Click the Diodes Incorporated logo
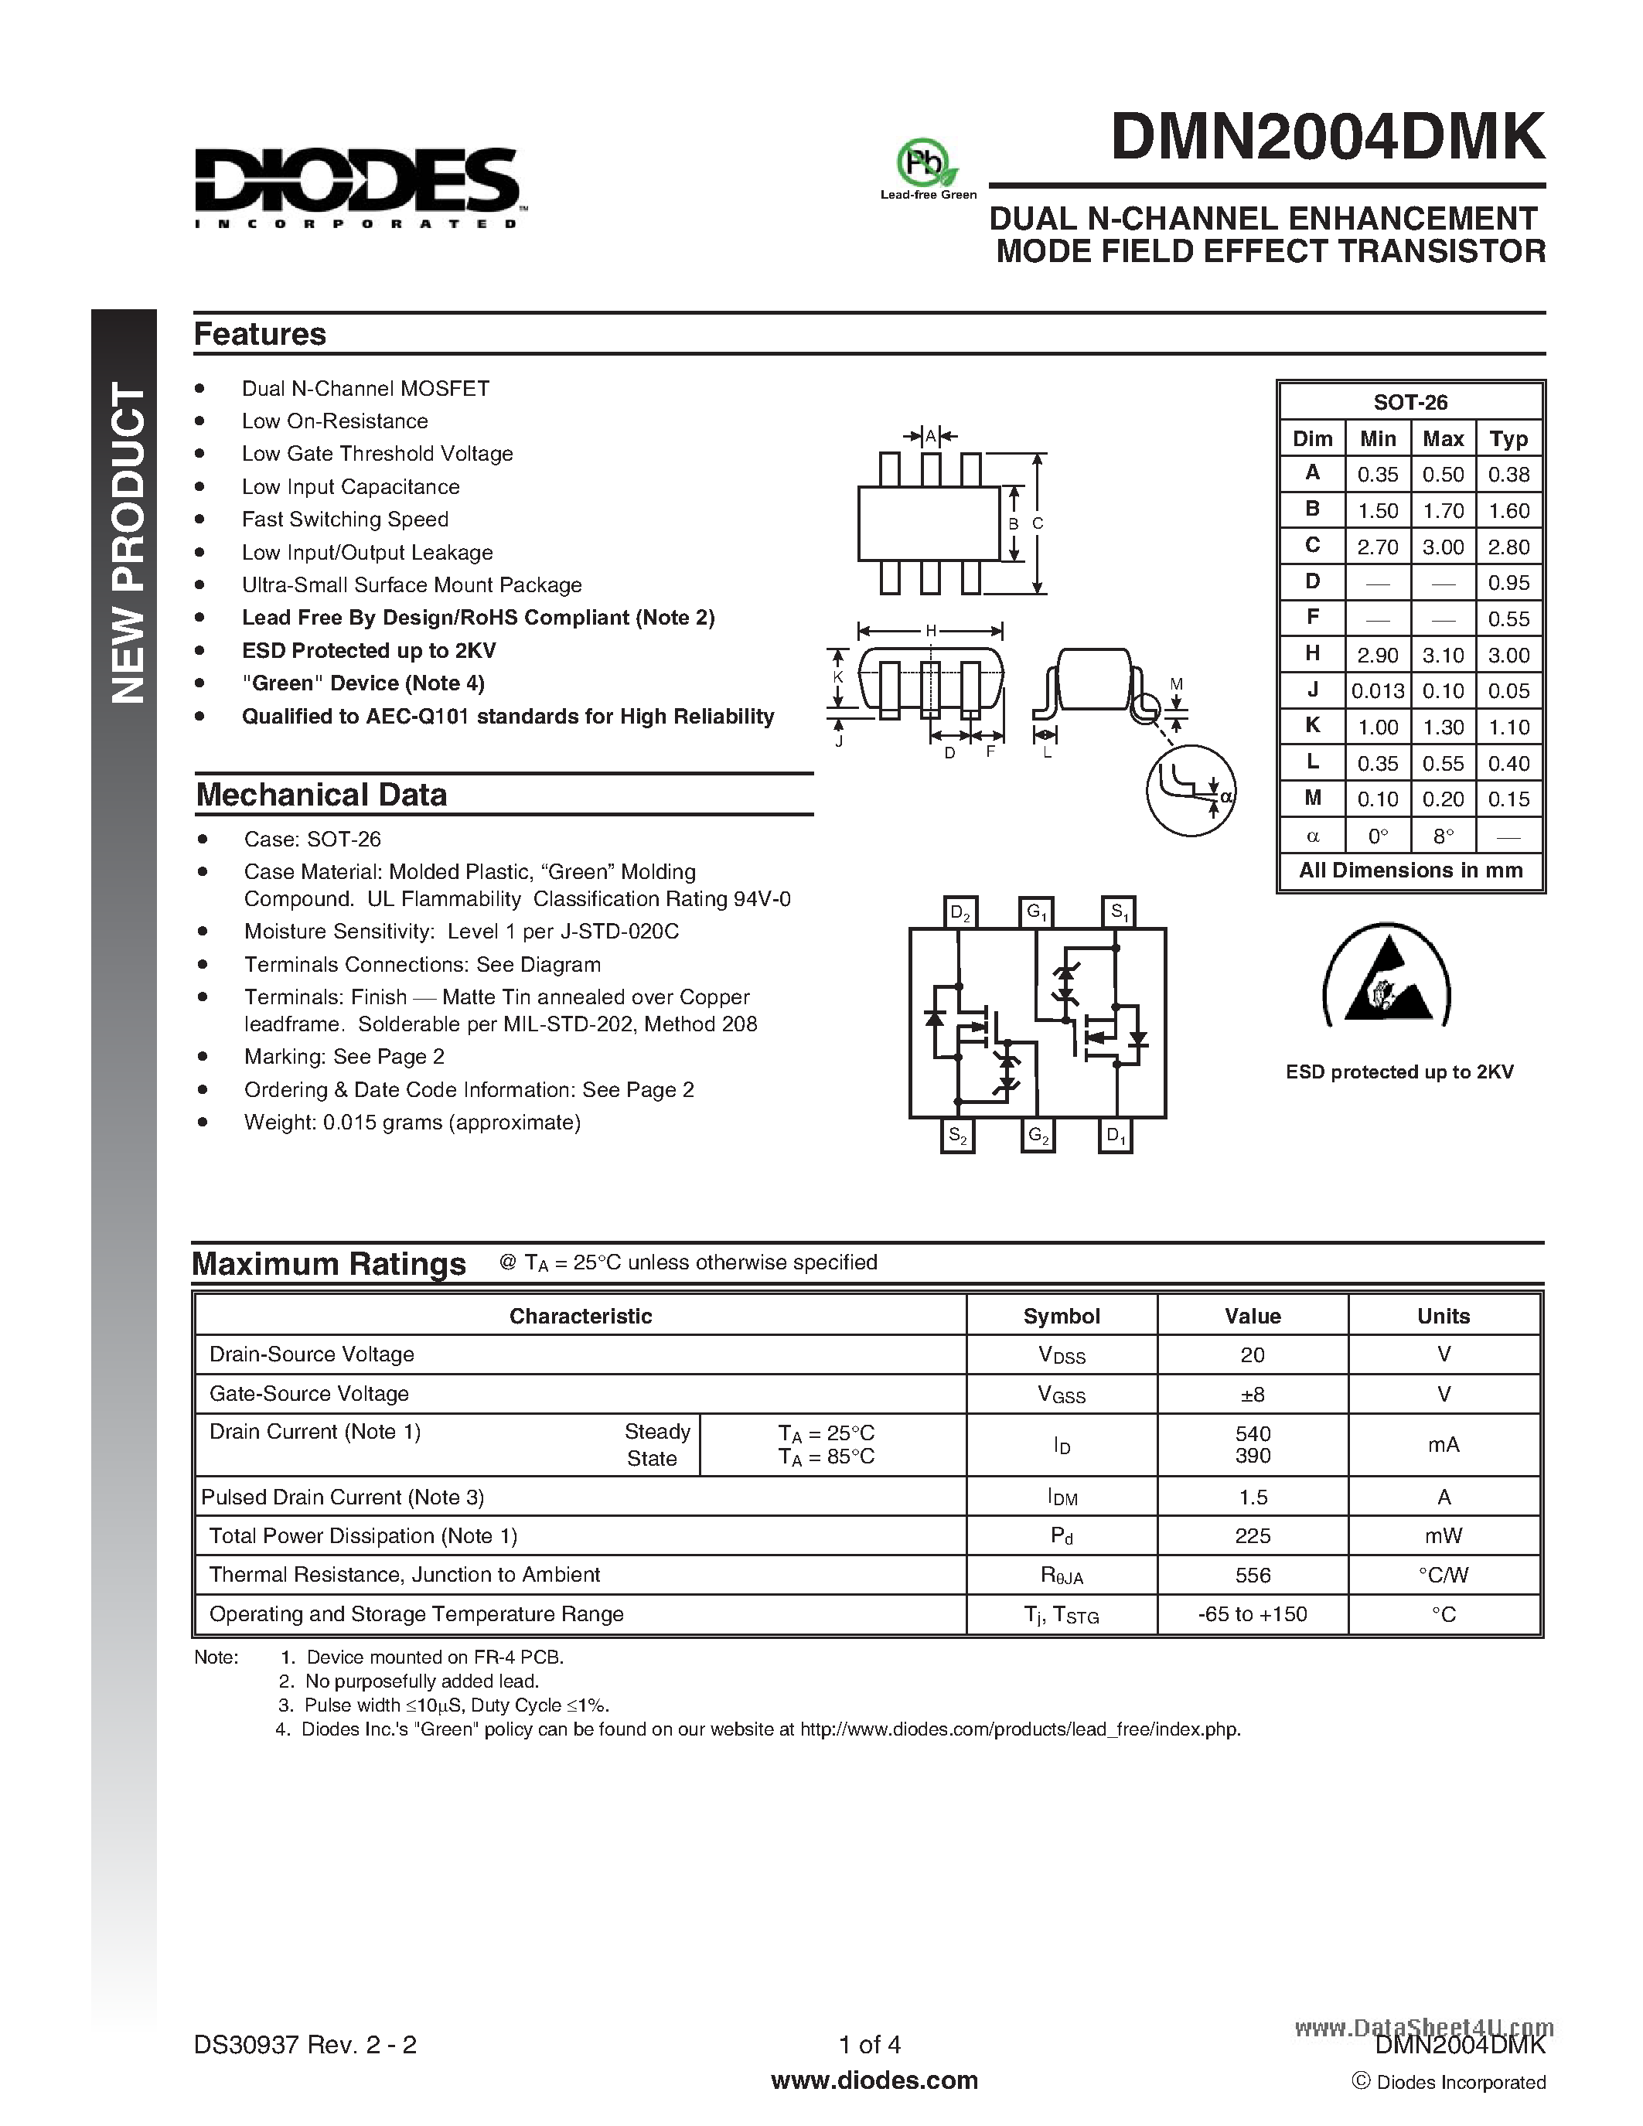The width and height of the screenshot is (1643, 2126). point(358,187)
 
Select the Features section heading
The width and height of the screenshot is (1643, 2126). point(260,334)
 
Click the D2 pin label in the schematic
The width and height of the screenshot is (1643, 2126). point(960,912)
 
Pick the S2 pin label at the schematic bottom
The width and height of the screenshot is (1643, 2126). point(958,1136)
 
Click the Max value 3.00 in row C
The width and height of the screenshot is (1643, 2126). point(1443,547)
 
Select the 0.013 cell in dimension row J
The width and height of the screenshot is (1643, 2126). point(1377,691)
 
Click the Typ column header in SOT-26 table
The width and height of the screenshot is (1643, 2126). point(1508,439)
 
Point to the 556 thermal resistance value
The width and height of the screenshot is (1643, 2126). point(1252,1575)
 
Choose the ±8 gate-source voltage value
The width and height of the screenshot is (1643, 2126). point(1252,1394)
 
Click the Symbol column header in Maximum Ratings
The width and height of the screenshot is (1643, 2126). point(1061,1316)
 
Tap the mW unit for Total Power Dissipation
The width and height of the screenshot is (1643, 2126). point(1443,1536)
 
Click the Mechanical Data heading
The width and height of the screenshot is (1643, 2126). point(321,794)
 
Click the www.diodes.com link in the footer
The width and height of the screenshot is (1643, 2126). point(873,2080)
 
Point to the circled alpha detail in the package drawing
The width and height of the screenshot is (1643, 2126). point(1191,789)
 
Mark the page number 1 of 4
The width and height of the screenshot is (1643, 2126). point(869,2044)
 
